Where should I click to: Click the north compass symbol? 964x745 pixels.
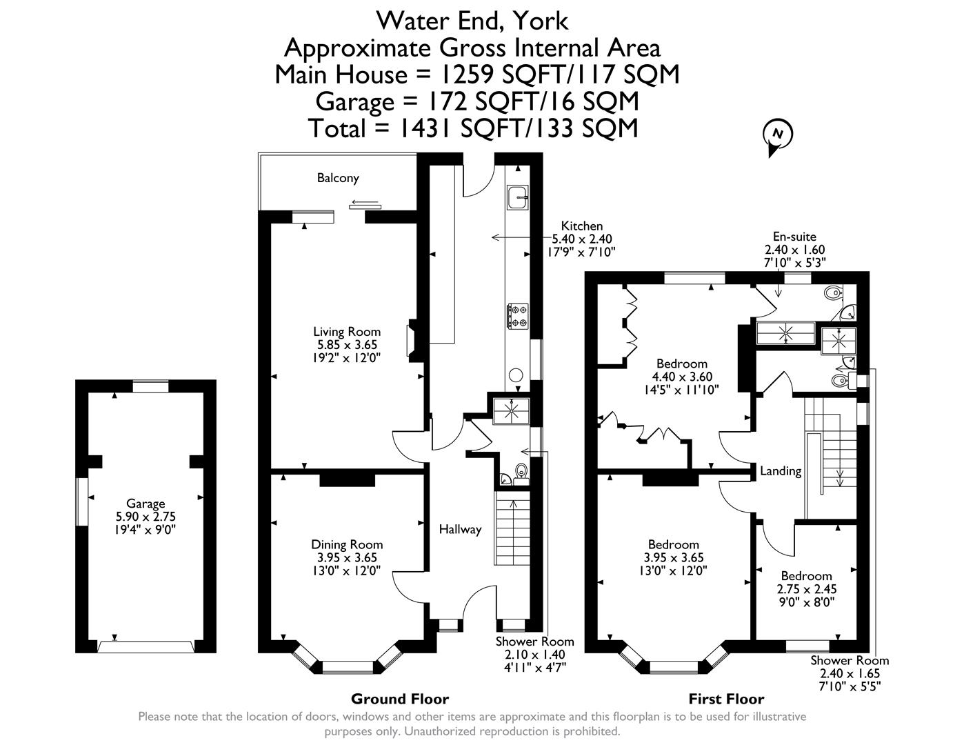coord(778,135)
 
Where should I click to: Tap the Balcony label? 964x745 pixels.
coord(338,178)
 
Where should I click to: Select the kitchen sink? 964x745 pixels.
coord(517,198)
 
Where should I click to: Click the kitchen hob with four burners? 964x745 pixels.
coord(517,315)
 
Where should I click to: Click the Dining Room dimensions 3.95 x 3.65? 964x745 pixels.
coord(346,557)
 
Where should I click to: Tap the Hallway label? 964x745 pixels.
coord(460,529)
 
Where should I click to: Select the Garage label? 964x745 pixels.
coord(145,504)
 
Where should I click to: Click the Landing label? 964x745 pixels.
coord(781,471)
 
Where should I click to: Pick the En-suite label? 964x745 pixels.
coord(794,237)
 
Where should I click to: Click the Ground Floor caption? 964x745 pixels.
coord(399,699)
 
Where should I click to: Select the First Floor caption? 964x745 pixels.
coord(726,699)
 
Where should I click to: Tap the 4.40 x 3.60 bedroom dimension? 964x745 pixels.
coord(681,377)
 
